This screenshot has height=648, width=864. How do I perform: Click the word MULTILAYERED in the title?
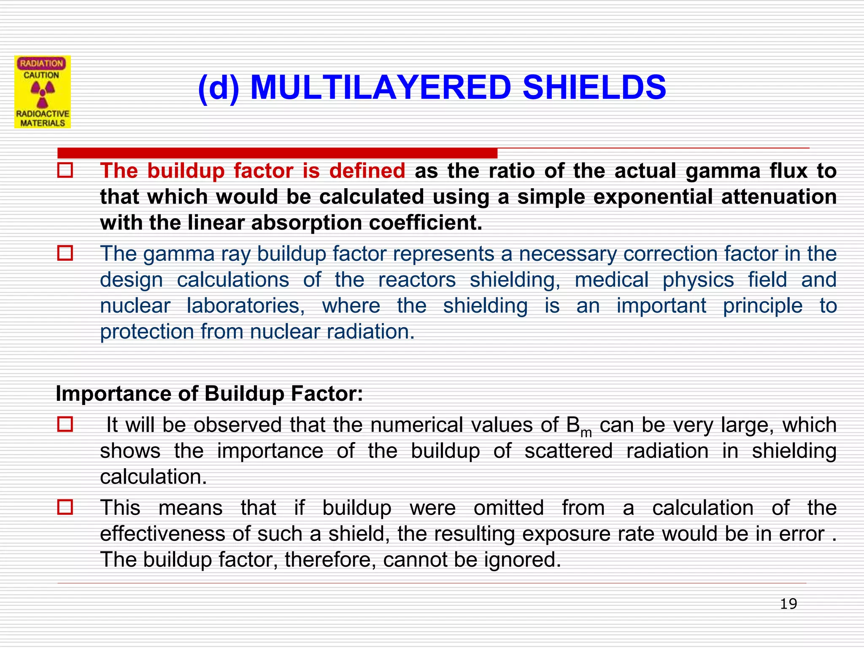[x=381, y=88]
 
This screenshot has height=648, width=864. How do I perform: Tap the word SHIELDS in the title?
[x=594, y=88]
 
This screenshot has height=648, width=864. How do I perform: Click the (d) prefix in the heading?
[x=219, y=88]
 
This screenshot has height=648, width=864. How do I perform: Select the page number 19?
[x=788, y=604]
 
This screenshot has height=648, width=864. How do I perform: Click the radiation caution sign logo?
[x=43, y=92]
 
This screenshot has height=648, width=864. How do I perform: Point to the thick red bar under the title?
[x=277, y=153]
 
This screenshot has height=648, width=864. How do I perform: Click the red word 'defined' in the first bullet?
[x=367, y=171]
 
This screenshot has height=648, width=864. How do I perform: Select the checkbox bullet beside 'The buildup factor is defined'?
[x=65, y=170]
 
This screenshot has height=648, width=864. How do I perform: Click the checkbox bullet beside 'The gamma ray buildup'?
[x=65, y=254]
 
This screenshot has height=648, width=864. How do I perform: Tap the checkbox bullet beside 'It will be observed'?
[x=65, y=424]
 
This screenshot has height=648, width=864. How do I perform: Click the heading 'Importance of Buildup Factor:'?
[x=209, y=394]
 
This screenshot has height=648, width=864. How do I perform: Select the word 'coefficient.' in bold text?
[x=425, y=223]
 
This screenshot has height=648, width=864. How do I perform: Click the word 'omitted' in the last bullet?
[x=508, y=508]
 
